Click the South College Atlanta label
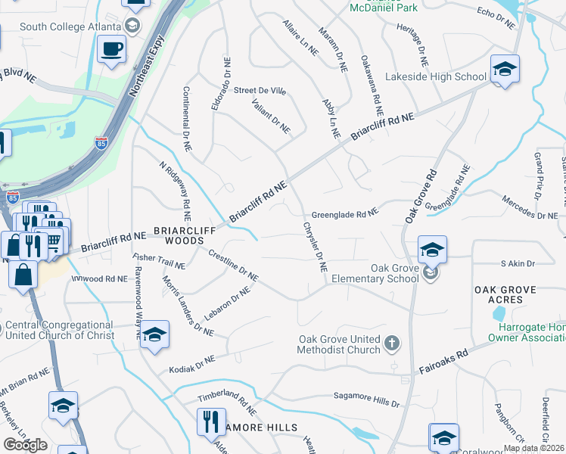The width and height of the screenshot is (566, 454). pyautogui.click(x=70, y=27)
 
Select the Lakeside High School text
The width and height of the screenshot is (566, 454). pyautogui.click(x=435, y=76)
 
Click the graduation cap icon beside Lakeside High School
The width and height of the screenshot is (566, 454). pyautogui.click(x=505, y=71)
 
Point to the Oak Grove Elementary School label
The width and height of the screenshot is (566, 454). pyautogui.click(x=394, y=273)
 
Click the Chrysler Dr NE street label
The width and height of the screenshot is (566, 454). pyautogui.click(x=315, y=246)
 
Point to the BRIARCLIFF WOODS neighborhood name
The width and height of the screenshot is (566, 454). pyautogui.click(x=179, y=235)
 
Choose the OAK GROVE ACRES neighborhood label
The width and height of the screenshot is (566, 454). pyautogui.click(x=505, y=294)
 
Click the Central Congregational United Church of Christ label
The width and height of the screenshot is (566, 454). pyautogui.click(x=59, y=330)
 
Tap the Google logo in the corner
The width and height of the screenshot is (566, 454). pyautogui.click(x=25, y=444)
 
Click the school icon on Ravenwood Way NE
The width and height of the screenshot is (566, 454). pyautogui.click(x=154, y=335)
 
